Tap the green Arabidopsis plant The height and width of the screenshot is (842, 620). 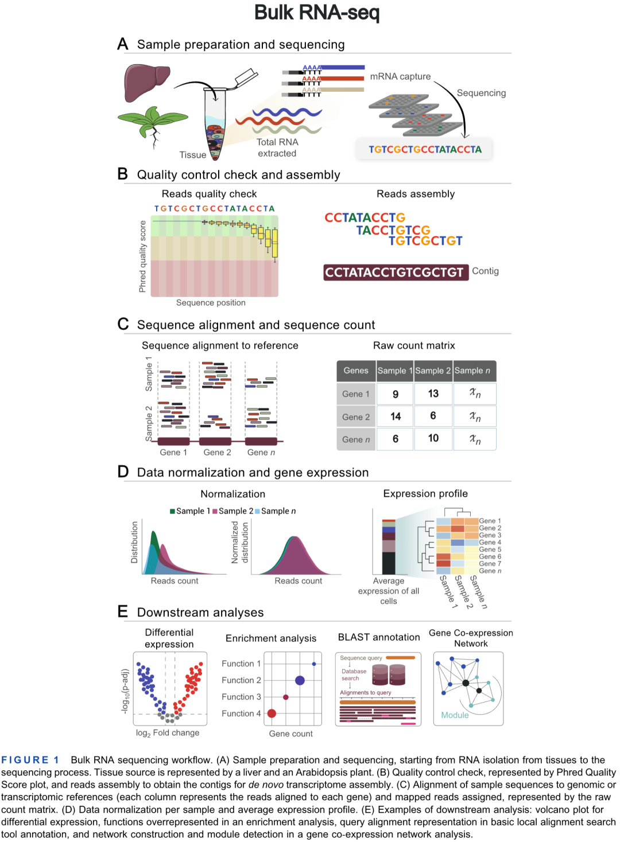click(152, 122)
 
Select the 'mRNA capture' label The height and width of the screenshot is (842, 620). click(400, 76)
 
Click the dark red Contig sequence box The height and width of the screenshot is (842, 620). click(394, 272)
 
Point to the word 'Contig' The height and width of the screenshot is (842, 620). click(485, 271)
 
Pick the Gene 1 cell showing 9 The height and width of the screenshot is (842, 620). click(395, 394)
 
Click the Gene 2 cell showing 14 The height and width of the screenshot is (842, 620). click(395, 416)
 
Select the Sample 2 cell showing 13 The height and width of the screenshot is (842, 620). click(433, 393)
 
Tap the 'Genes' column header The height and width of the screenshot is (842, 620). click(356, 371)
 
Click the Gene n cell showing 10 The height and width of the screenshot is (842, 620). click(433, 438)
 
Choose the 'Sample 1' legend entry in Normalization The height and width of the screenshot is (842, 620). click(190, 511)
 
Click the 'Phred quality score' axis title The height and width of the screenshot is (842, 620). click(142, 256)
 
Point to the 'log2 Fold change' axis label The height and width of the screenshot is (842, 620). click(167, 732)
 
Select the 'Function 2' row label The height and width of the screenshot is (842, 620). click(241, 680)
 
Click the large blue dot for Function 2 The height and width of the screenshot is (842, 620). click(300, 680)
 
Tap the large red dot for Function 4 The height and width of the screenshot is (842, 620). click(272, 714)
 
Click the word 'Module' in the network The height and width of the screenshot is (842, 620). click(455, 715)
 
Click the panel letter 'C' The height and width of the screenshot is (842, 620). click(123, 324)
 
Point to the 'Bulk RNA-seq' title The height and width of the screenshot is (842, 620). click(317, 12)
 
